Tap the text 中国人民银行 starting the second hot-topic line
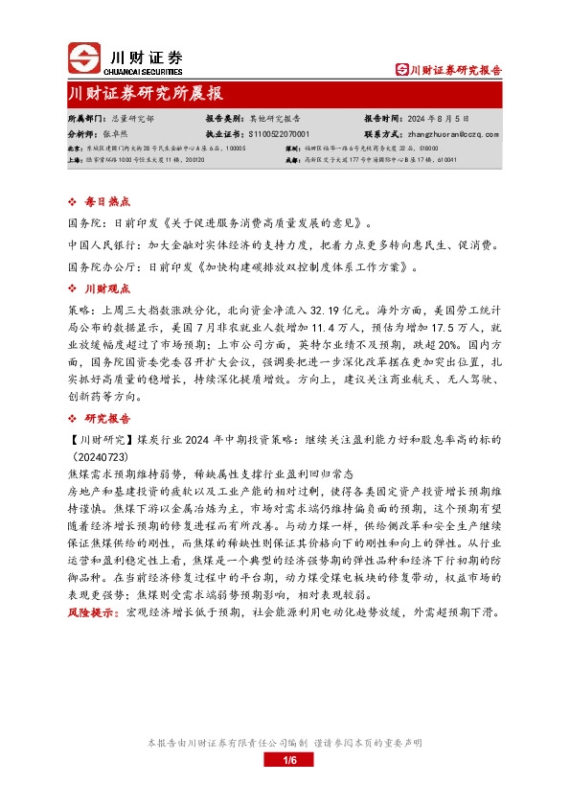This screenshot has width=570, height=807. (98, 245)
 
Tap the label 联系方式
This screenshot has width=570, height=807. (380, 135)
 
